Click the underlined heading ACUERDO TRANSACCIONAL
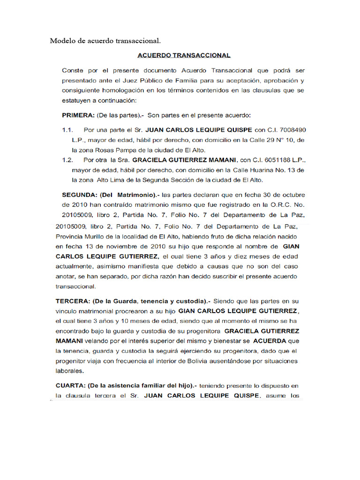coord(184,55)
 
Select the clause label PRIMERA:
coord(77,115)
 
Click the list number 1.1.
coord(67,129)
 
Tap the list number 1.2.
coord(67,159)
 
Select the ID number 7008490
coord(293,129)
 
